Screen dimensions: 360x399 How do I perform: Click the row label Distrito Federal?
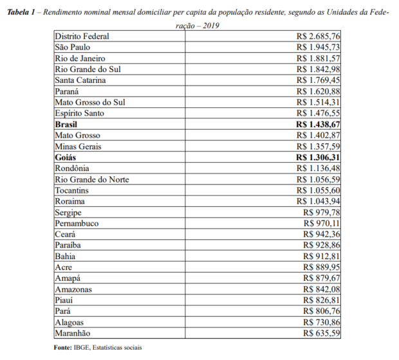click(82, 37)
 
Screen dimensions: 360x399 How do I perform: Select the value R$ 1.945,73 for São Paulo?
click(319, 48)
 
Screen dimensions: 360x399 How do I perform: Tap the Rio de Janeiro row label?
click(80, 59)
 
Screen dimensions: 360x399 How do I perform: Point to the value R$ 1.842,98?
click(319, 69)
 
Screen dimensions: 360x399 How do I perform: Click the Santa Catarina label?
click(80, 80)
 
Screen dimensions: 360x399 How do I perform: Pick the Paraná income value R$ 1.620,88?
click(319, 91)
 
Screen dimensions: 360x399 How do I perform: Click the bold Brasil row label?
click(67, 125)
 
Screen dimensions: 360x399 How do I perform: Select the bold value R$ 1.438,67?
click(318, 125)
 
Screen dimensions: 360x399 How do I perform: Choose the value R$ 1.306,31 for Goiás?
click(318, 157)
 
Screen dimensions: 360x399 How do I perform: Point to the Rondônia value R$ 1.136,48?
click(319, 168)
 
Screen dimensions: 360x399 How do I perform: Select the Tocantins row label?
click(72, 190)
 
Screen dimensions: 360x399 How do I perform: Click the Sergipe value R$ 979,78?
click(322, 212)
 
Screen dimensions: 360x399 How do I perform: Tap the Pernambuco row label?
click(77, 223)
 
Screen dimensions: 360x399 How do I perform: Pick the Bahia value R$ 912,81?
click(322, 256)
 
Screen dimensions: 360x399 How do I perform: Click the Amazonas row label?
click(73, 289)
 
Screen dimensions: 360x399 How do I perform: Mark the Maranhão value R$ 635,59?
click(322, 333)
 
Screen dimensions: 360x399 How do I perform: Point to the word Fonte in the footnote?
click(63, 347)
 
